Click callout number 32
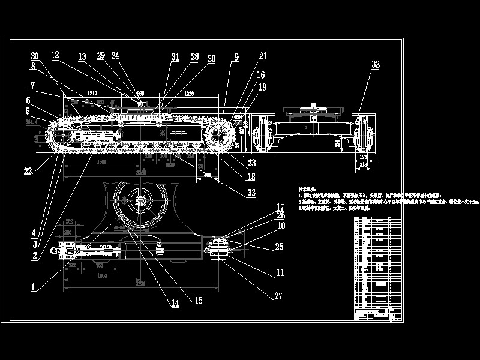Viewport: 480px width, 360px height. click(376, 64)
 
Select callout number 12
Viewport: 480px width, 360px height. click(55, 55)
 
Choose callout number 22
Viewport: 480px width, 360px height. click(28, 171)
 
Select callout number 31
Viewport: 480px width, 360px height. click(175, 57)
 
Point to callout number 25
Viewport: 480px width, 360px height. click(278, 246)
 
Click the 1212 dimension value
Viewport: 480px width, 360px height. click(92, 94)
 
